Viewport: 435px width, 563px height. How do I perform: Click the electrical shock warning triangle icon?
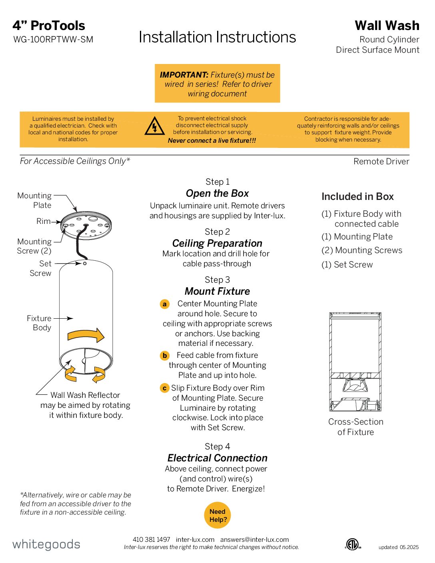point(154,126)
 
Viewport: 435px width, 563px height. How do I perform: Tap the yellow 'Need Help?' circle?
point(217,515)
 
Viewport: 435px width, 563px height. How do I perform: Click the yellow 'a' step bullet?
point(164,304)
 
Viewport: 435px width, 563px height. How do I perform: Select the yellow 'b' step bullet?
point(164,355)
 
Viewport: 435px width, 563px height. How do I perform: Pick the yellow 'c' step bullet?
point(164,388)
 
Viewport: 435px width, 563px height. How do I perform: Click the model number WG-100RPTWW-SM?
point(53,40)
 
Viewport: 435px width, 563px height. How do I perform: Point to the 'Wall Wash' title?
point(387,26)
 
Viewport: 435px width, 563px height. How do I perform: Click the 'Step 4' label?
point(217,447)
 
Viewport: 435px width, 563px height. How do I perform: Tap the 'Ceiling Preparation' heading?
point(217,243)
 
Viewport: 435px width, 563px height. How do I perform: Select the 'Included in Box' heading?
point(357,197)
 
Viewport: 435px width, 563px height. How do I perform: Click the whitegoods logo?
point(46,545)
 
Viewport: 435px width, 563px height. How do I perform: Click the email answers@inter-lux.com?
point(254,539)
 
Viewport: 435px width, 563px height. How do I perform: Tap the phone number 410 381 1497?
point(151,539)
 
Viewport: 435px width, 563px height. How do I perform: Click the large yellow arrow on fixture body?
point(86,335)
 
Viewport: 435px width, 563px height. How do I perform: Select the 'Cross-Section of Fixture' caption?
point(355,427)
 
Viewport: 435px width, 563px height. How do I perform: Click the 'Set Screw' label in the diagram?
point(40,268)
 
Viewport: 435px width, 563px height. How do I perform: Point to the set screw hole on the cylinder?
point(85,263)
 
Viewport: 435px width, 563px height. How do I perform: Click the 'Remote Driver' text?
point(381,162)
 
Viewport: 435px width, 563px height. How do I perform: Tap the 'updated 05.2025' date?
point(398,547)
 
